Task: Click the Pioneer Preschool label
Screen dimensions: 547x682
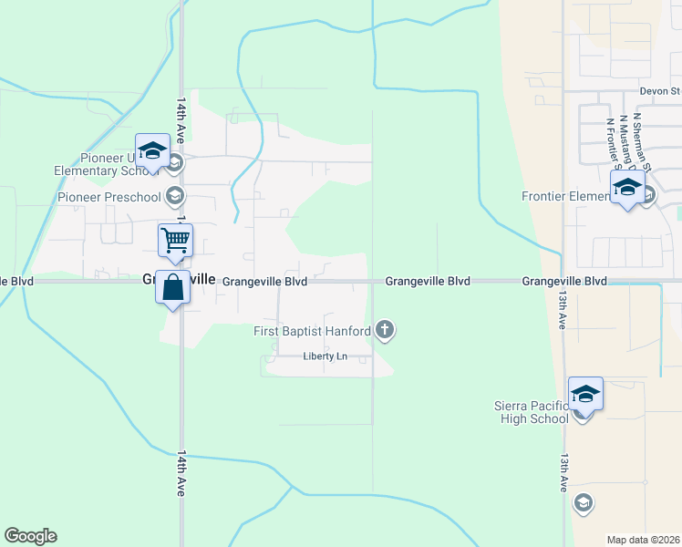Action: pyautogui.click(x=108, y=196)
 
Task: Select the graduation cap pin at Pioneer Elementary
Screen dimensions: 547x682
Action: pyautogui.click(x=152, y=151)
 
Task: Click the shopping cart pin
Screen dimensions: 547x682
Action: pyautogui.click(x=176, y=242)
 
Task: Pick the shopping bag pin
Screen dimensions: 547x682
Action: pyautogui.click(x=172, y=288)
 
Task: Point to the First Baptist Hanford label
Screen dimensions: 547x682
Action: pyautogui.click(x=312, y=330)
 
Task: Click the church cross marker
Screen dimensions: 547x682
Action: pyautogui.click(x=385, y=329)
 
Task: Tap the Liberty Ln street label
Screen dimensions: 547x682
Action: pyautogui.click(x=325, y=356)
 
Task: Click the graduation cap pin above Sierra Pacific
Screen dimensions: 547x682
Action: pyautogui.click(x=585, y=394)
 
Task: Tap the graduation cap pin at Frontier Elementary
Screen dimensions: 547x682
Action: pyautogui.click(x=626, y=188)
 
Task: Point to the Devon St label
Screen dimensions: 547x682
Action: pyautogui.click(x=660, y=91)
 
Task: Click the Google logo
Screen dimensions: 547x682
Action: pyautogui.click(x=30, y=536)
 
